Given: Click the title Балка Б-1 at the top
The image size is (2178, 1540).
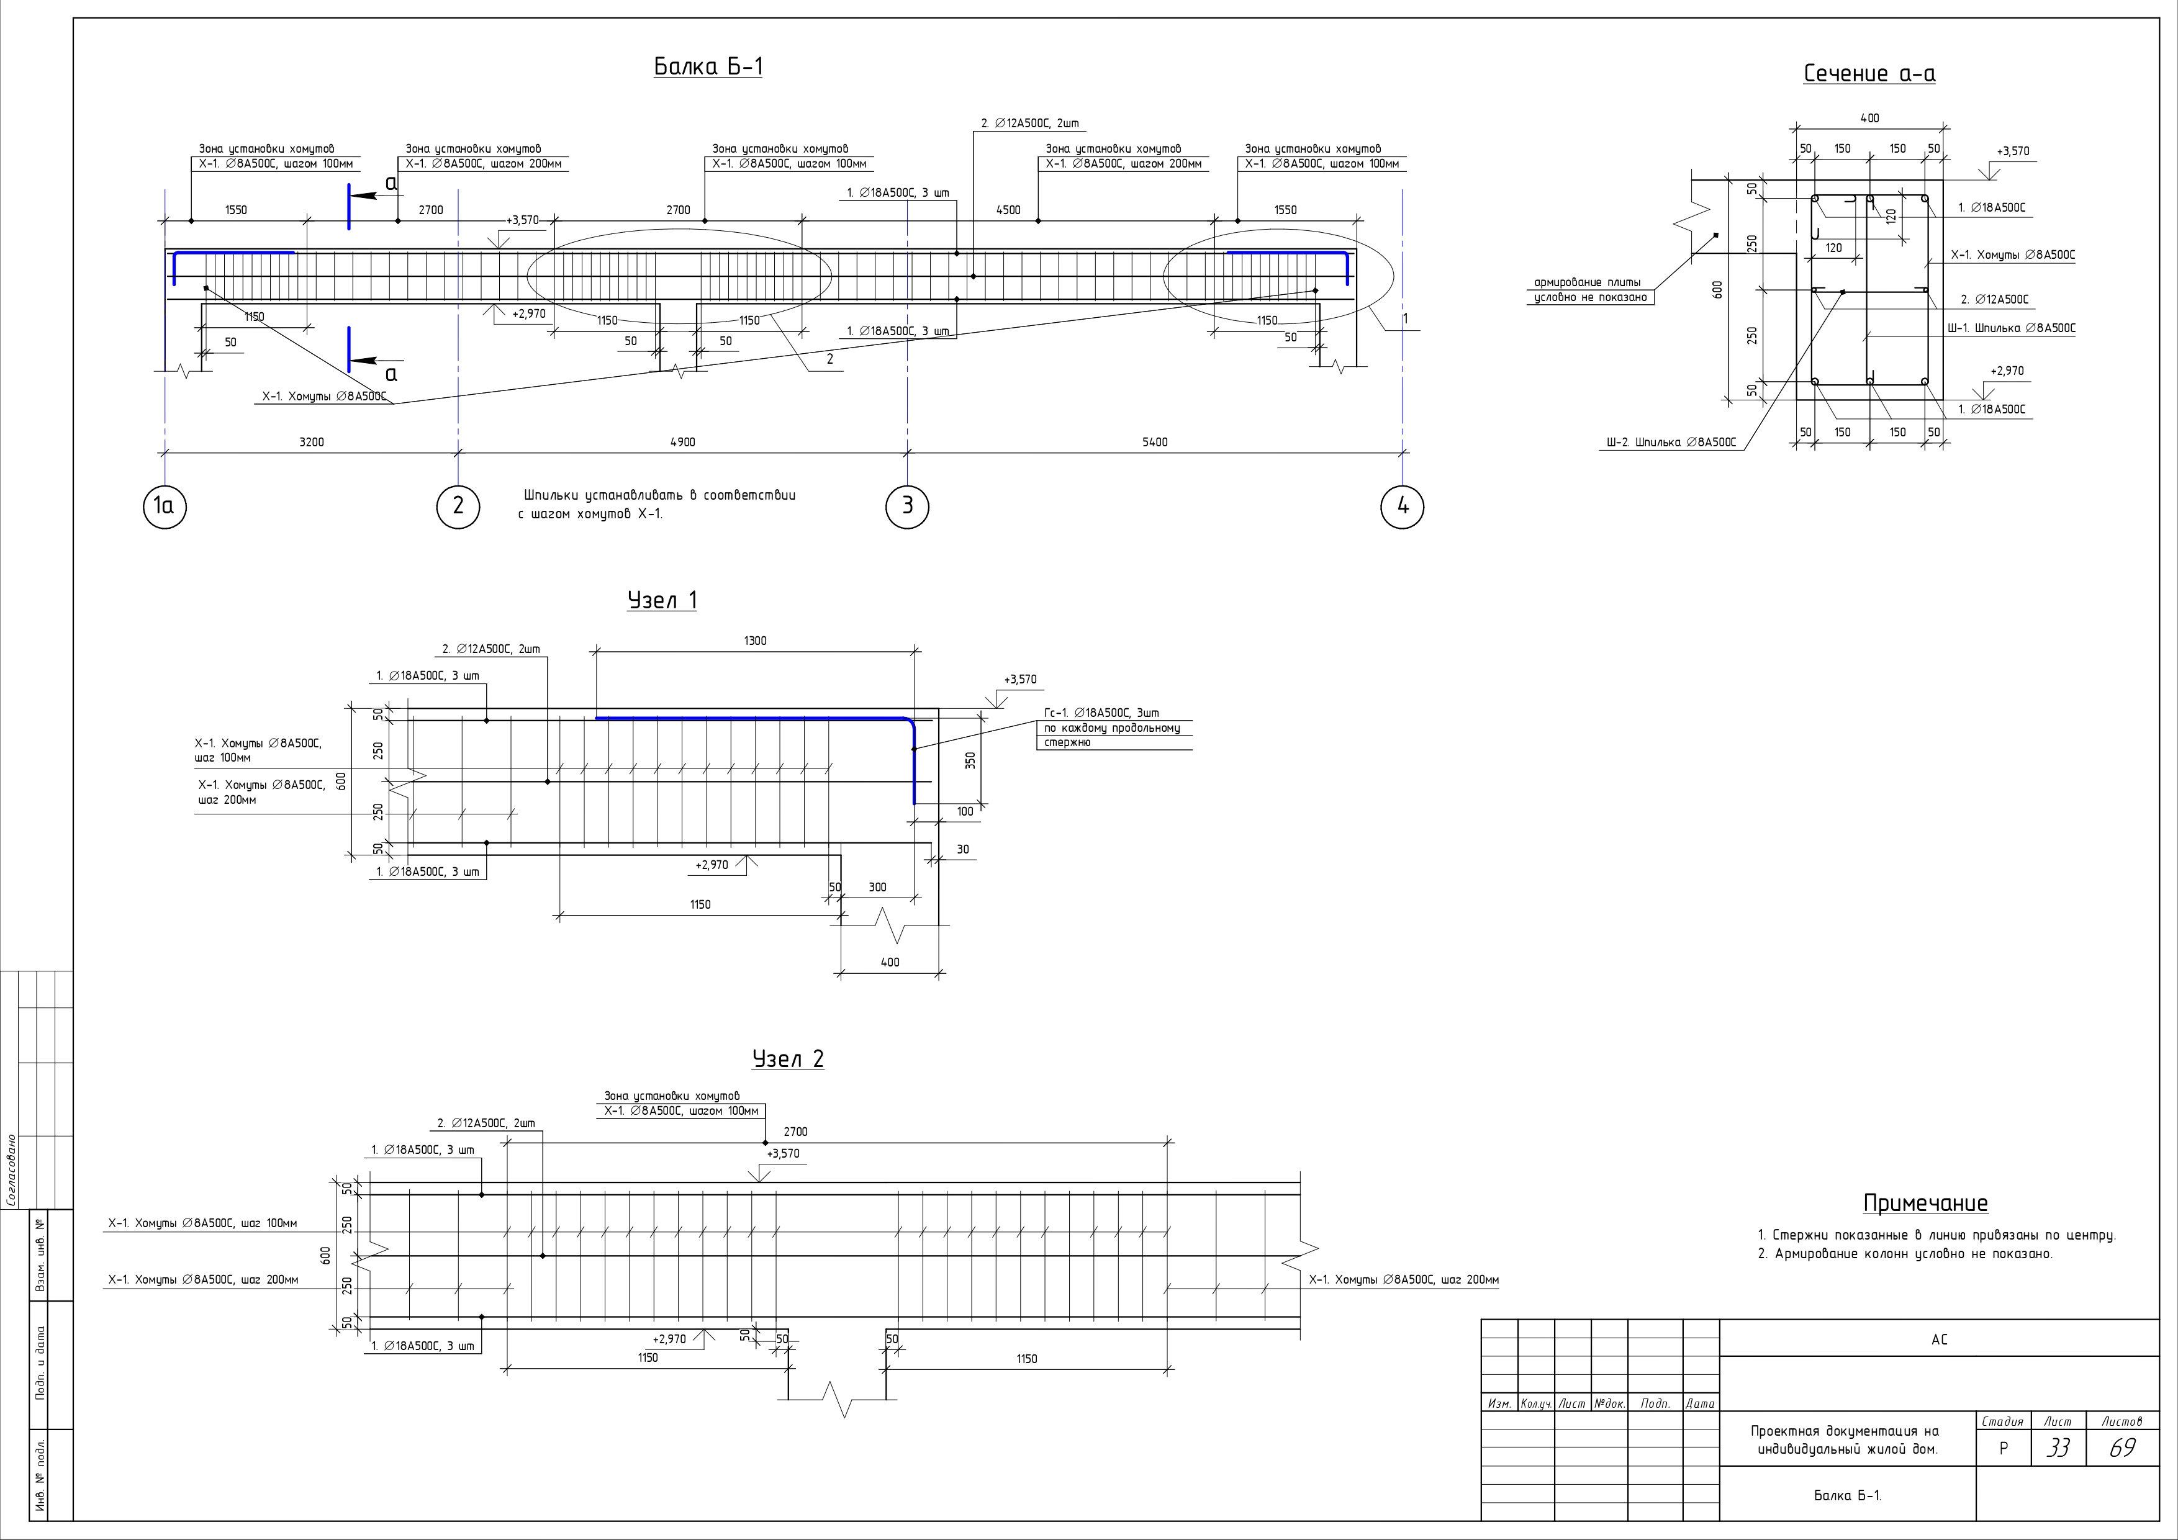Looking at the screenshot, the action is pyautogui.click(x=708, y=66).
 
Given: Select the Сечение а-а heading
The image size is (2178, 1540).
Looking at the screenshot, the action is pyautogui.click(x=1869, y=74).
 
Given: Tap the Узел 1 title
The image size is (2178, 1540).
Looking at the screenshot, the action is pyautogui.click(x=662, y=600).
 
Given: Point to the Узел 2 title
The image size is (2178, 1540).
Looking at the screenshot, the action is pyautogui.click(x=789, y=1059).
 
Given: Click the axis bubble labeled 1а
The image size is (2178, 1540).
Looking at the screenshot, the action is pyautogui.click(x=165, y=507).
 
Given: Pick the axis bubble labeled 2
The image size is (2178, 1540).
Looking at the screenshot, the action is pyautogui.click(x=458, y=507).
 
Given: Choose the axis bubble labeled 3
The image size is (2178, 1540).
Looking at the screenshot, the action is pyautogui.click(x=907, y=507).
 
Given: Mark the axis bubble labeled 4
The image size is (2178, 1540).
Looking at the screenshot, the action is pyautogui.click(x=1402, y=507).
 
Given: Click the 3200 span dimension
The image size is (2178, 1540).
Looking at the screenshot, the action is pyautogui.click(x=311, y=442).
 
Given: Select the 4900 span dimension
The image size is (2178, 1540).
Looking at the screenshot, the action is pyautogui.click(x=682, y=442).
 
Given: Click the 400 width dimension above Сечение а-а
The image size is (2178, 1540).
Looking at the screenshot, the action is pyautogui.click(x=1869, y=119).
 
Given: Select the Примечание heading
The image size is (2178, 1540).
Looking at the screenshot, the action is pyautogui.click(x=1925, y=1204).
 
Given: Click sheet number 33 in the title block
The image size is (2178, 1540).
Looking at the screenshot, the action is pyautogui.click(x=2058, y=1449).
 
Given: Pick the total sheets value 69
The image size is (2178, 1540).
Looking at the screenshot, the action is pyautogui.click(x=2122, y=1449).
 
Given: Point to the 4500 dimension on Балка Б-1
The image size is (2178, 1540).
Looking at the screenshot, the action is pyautogui.click(x=1008, y=210).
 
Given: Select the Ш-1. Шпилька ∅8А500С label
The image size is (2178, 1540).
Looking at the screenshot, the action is pyautogui.click(x=2011, y=328).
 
